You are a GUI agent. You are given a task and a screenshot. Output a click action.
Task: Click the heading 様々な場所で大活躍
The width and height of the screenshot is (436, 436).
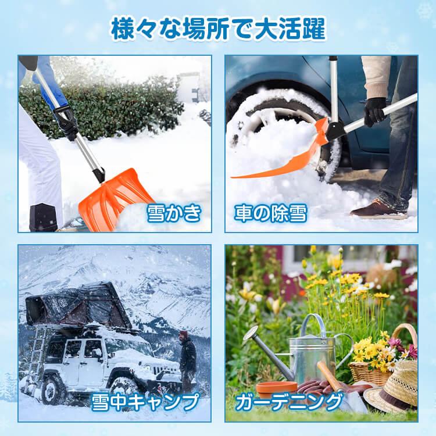pos(218,29)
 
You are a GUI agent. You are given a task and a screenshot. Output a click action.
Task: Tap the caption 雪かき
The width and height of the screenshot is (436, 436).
pos(174,213)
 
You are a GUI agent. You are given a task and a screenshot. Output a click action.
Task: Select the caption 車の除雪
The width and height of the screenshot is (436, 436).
pos(271,213)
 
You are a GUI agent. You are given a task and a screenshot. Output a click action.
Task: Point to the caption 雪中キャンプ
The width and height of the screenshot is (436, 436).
pos(145,402)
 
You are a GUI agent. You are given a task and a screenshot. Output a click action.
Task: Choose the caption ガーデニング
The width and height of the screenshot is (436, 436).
pos(289,402)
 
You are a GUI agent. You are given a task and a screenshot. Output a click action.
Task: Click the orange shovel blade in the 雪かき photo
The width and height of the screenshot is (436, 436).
pos(114,199)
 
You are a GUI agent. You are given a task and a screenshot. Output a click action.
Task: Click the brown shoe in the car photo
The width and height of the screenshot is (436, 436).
pos(377,209)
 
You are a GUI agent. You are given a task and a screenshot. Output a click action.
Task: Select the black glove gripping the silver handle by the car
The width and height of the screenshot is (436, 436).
pos(375,112)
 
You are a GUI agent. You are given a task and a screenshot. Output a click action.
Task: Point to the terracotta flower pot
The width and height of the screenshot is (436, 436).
pos(277,389)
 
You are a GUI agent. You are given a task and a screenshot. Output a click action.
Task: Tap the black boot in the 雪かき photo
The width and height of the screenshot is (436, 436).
pos(44,217)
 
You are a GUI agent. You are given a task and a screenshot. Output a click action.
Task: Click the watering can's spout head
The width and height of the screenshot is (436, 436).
pos(251,333)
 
